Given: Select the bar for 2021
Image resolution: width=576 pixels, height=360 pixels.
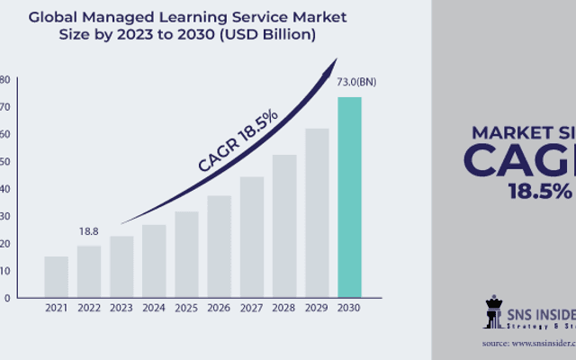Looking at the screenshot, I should click(56, 276).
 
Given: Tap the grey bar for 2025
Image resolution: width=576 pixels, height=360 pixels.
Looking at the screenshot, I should click(186, 254).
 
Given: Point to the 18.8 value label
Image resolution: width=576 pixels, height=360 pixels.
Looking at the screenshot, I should click(88, 230).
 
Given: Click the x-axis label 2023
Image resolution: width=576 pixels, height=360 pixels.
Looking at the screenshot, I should click(121, 308).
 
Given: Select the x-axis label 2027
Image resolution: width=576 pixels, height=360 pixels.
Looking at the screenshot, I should click(252, 308).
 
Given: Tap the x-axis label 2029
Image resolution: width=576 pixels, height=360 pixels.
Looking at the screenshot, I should click(317, 308).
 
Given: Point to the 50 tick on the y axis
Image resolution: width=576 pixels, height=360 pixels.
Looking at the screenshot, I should click(5, 162).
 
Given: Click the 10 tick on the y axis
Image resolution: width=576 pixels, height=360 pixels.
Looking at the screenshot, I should click(5, 271).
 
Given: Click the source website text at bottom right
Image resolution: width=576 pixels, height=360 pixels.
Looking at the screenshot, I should click(531, 345).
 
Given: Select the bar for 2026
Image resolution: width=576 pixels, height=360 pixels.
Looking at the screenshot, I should click(219, 246).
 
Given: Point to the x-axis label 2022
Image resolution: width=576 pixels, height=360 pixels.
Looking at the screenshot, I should click(88, 308).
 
